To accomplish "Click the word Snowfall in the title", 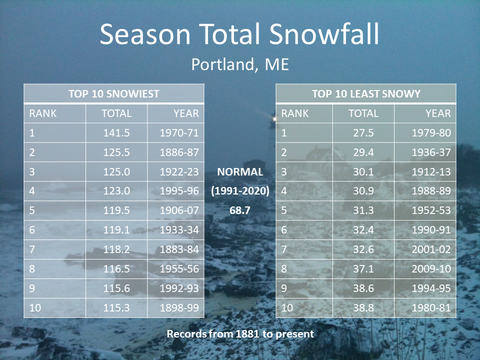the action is coord(324,34).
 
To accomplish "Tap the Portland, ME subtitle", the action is coord(240,64).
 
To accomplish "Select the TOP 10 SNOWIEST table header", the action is coord(114,93).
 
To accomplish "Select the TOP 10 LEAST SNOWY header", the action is coord(366,93).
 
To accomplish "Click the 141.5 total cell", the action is coord(116,133).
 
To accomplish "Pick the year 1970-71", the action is coord(179,133).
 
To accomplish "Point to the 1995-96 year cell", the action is coord(179,191).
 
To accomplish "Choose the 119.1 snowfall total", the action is coord(116,230).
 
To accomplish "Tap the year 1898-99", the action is coord(179,307).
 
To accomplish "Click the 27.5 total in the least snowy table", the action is coord(363,133).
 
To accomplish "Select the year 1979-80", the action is coord(431,133).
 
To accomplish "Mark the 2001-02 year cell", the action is coord(431,249).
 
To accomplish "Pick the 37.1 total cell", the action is coord(363,269).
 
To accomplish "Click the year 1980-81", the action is coord(431,307).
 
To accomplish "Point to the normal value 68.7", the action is coord(240,210).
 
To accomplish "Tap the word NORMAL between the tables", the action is coord(240,171).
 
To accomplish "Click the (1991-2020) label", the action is coord(240,191).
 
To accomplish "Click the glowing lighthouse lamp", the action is coord(273,118).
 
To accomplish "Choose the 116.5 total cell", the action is coord(116,269).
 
